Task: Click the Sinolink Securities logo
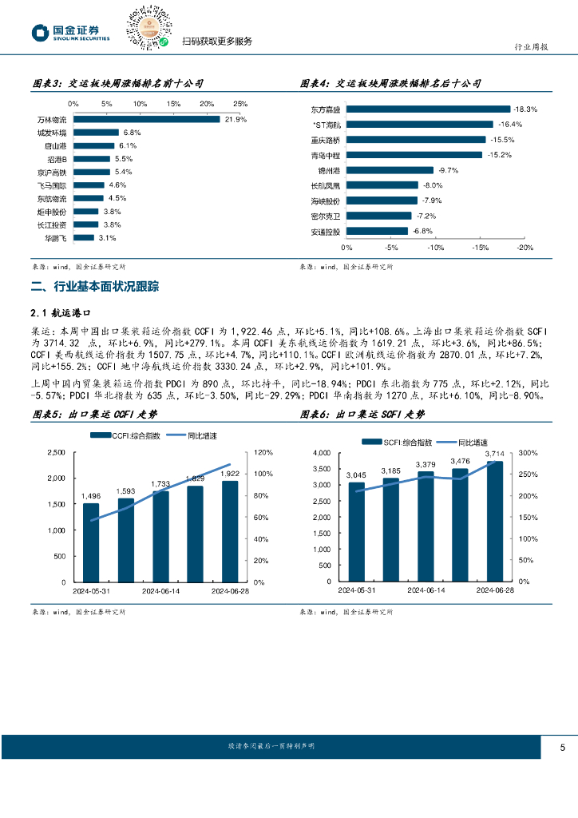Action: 69,32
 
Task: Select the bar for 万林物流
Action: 146,119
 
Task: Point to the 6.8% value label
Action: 132,133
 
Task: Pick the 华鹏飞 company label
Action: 56,238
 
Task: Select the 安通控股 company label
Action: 325,232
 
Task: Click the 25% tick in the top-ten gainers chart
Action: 240,104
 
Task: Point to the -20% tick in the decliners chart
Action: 525,248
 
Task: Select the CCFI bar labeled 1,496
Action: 91,543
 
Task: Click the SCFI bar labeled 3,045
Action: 356,531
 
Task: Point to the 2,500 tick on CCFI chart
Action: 56,452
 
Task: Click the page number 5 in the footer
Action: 563,748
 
